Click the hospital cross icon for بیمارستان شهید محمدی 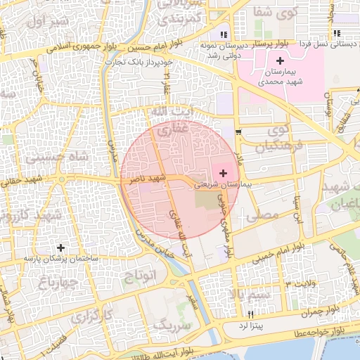point(280,61)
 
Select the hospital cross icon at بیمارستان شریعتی point(224,172)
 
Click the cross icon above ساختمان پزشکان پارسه point(61,247)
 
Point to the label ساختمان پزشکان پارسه point(61,259)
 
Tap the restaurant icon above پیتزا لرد point(250,314)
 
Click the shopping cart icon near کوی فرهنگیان point(239,131)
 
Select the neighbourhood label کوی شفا point(276,12)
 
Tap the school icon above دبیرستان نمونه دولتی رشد point(224,34)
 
